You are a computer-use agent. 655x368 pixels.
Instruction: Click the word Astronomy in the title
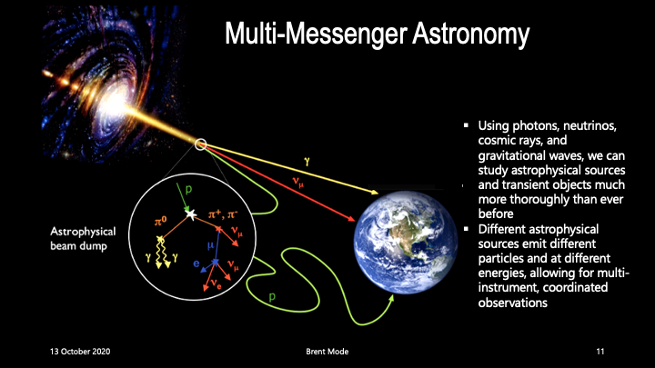[471, 34]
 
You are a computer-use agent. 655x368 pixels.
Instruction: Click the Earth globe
[405, 243]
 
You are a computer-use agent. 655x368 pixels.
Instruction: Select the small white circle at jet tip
[200, 144]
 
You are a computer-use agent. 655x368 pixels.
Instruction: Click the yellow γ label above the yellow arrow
[307, 162]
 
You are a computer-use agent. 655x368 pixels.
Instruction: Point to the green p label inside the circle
[188, 189]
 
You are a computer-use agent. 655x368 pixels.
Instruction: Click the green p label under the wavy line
[272, 296]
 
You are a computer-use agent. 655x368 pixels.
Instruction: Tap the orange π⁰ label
[160, 222]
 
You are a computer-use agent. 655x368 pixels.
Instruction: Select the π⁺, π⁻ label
[223, 215]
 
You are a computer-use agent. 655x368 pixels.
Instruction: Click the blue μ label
[210, 245]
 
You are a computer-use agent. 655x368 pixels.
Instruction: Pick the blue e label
[196, 264]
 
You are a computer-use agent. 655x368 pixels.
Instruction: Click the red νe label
[216, 283]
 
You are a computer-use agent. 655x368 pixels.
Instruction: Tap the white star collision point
[191, 214]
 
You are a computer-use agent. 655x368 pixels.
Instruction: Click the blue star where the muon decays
[215, 262]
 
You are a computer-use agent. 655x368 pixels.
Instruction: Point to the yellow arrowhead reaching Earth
[375, 192]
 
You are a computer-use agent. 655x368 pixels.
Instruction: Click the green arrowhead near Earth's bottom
[391, 299]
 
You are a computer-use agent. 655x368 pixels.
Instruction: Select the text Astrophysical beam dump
[83, 239]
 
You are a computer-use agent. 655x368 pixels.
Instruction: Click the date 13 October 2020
[80, 352]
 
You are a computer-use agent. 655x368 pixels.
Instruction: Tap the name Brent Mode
[327, 352]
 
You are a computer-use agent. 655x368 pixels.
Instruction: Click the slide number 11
[600, 352]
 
